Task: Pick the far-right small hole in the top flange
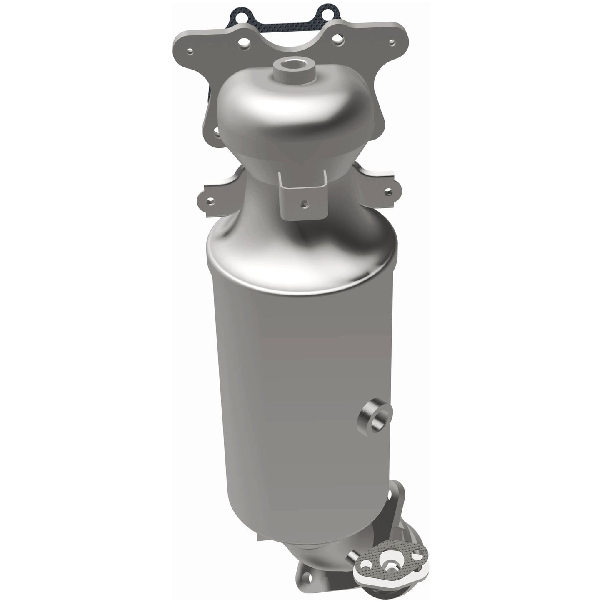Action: pyautogui.click(x=391, y=42)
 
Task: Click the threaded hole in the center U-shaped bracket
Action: pyautogui.click(x=305, y=204)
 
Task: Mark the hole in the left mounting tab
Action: pyautogui.click(x=212, y=201)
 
